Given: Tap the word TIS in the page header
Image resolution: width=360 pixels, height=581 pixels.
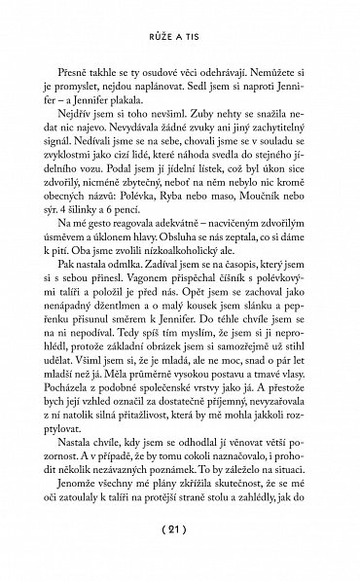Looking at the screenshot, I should point(198,42).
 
